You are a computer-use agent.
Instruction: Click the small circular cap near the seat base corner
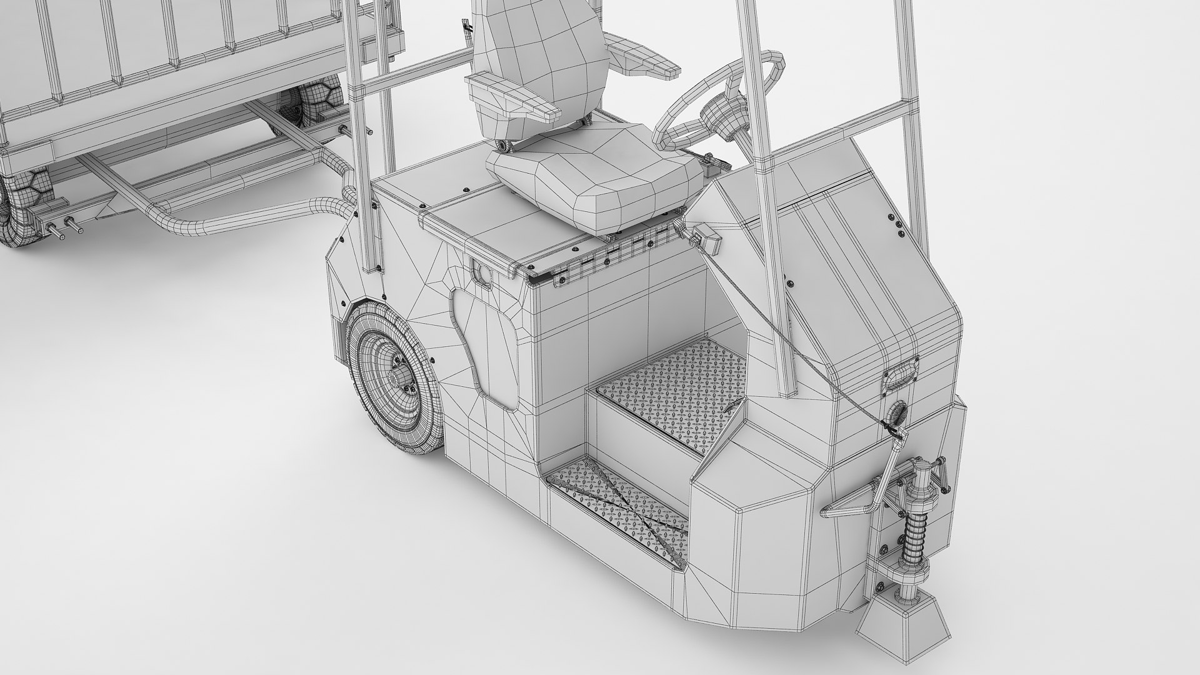click(482, 273)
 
